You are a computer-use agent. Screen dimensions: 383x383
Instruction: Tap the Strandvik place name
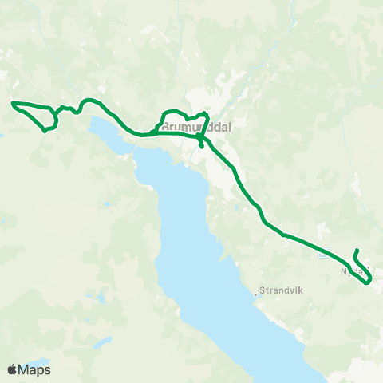click(278, 290)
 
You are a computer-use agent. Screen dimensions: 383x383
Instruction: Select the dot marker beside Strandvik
click(255, 293)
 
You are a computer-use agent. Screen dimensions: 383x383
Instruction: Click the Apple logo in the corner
click(13, 369)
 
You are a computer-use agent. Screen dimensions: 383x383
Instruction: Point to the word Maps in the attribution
click(35, 369)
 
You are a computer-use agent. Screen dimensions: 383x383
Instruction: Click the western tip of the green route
click(12, 103)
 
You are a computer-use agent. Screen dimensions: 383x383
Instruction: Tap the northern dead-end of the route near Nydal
click(356, 251)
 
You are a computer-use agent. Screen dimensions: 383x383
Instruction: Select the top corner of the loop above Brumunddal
click(206, 114)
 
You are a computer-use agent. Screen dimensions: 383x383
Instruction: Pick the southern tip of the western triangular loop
click(44, 130)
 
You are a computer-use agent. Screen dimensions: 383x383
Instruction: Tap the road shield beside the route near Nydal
click(322, 255)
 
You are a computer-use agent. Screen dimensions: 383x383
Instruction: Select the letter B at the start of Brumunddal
click(164, 126)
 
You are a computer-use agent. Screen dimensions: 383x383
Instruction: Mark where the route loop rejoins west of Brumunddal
click(153, 132)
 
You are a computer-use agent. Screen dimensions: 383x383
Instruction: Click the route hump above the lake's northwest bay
click(89, 101)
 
